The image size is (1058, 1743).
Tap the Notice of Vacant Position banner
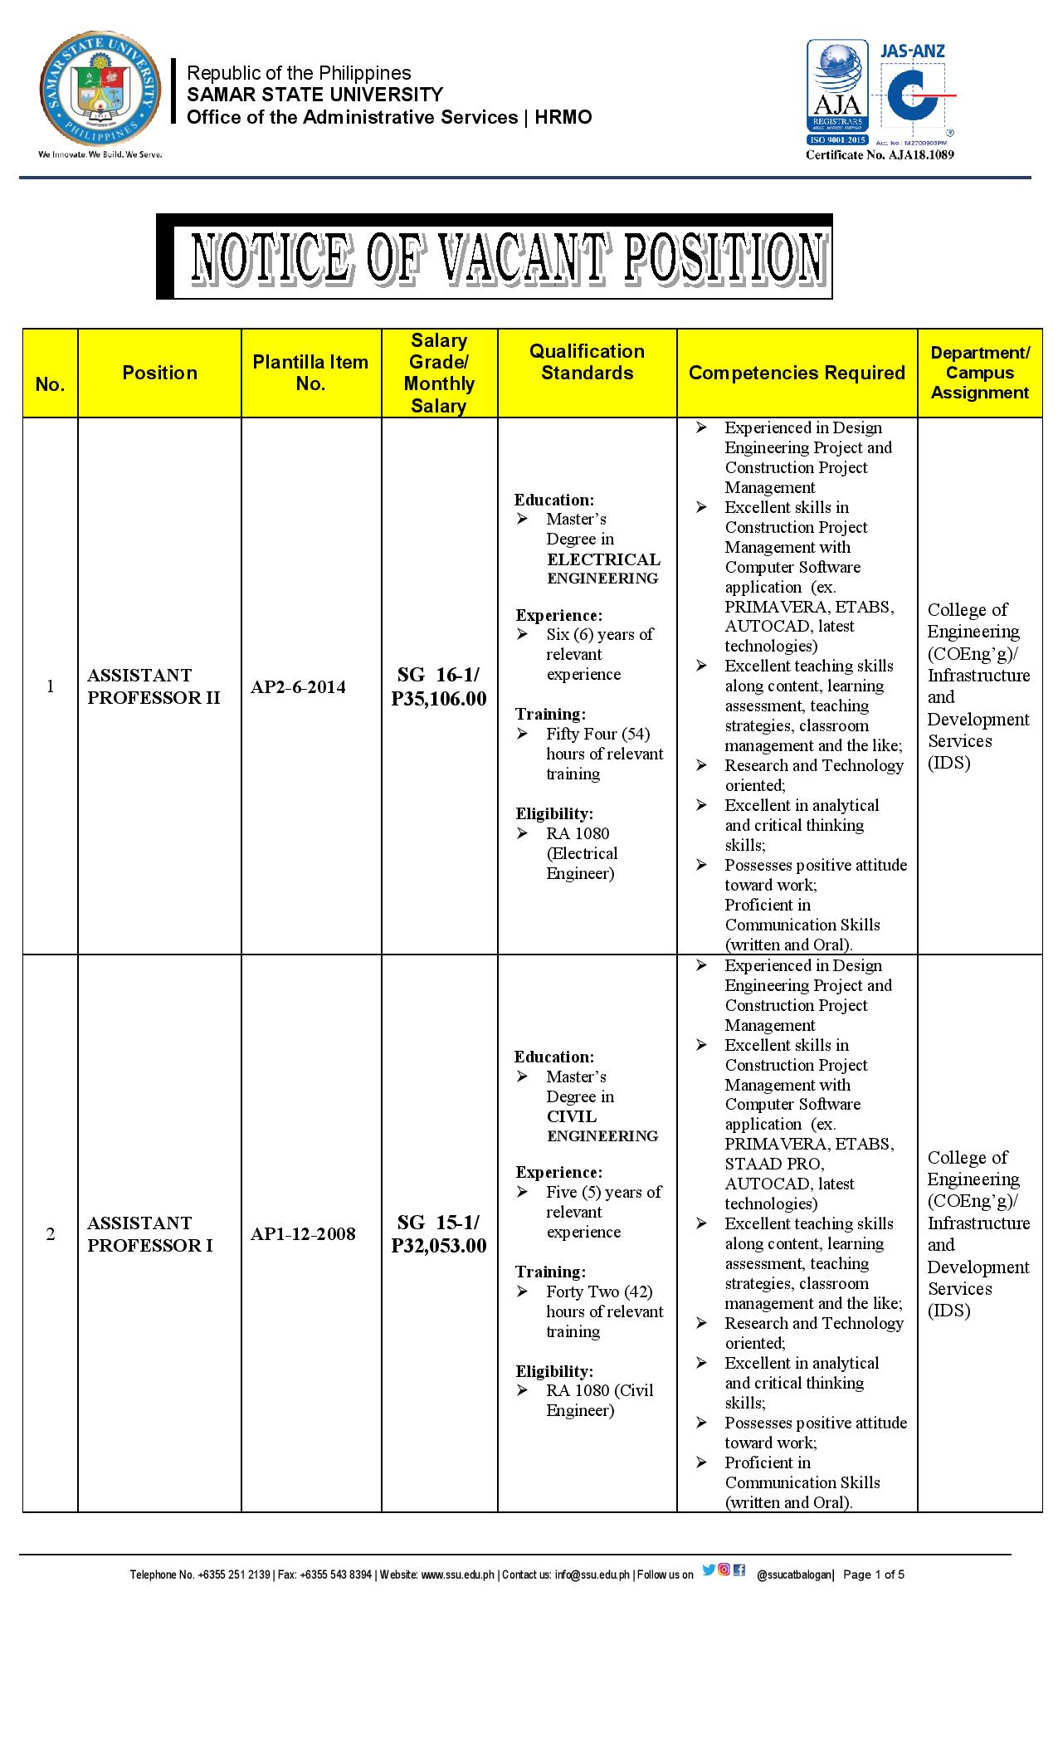pyautogui.click(x=495, y=256)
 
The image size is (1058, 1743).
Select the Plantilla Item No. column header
pyautogui.click(x=310, y=373)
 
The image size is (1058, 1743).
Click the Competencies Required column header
pyautogui.click(x=797, y=373)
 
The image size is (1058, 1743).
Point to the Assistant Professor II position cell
pyautogui.click(x=154, y=686)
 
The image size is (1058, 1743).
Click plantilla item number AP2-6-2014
pyautogui.click(x=298, y=687)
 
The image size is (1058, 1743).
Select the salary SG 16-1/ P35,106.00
pyautogui.click(x=439, y=687)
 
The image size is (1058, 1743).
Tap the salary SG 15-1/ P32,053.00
pyautogui.click(x=439, y=1234)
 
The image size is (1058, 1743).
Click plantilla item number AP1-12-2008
pyautogui.click(x=303, y=1234)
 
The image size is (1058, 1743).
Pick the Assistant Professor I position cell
pyautogui.click(x=150, y=1234)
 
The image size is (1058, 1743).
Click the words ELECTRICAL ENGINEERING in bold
pyautogui.click(x=603, y=569)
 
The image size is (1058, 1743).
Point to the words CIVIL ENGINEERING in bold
pyautogui.click(x=602, y=1126)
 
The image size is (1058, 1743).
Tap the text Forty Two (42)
pyautogui.click(x=599, y=1291)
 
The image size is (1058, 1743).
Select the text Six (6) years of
pyautogui.click(x=599, y=635)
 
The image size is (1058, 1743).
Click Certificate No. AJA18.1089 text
pyautogui.click(x=880, y=155)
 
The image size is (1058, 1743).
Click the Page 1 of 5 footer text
pyautogui.click(x=874, y=1575)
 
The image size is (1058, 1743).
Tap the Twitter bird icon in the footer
pyautogui.click(x=708, y=1570)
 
